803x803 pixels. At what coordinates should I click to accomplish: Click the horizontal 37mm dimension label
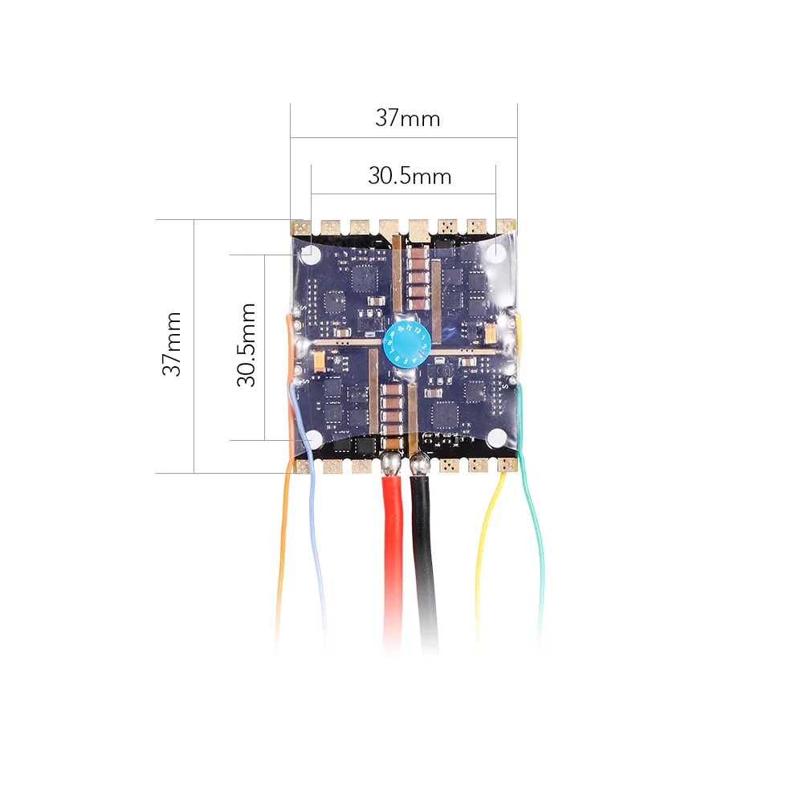(x=407, y=119)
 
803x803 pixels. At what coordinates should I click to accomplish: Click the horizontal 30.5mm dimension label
(x=410, y=176)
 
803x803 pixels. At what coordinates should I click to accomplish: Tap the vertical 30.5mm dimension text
(x=247, y=344)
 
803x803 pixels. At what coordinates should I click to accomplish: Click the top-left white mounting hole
(x=311, y=255)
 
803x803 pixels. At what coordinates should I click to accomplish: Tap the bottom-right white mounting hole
(x=498, y=438)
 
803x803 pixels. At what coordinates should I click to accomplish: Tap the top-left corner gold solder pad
(x=300, y=227)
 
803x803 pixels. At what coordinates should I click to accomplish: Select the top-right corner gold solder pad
(x=506, y=226)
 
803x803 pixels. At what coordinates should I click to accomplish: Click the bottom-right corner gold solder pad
(x=507, y=465)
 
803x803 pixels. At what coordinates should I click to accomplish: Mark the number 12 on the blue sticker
(x=418, y=330)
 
